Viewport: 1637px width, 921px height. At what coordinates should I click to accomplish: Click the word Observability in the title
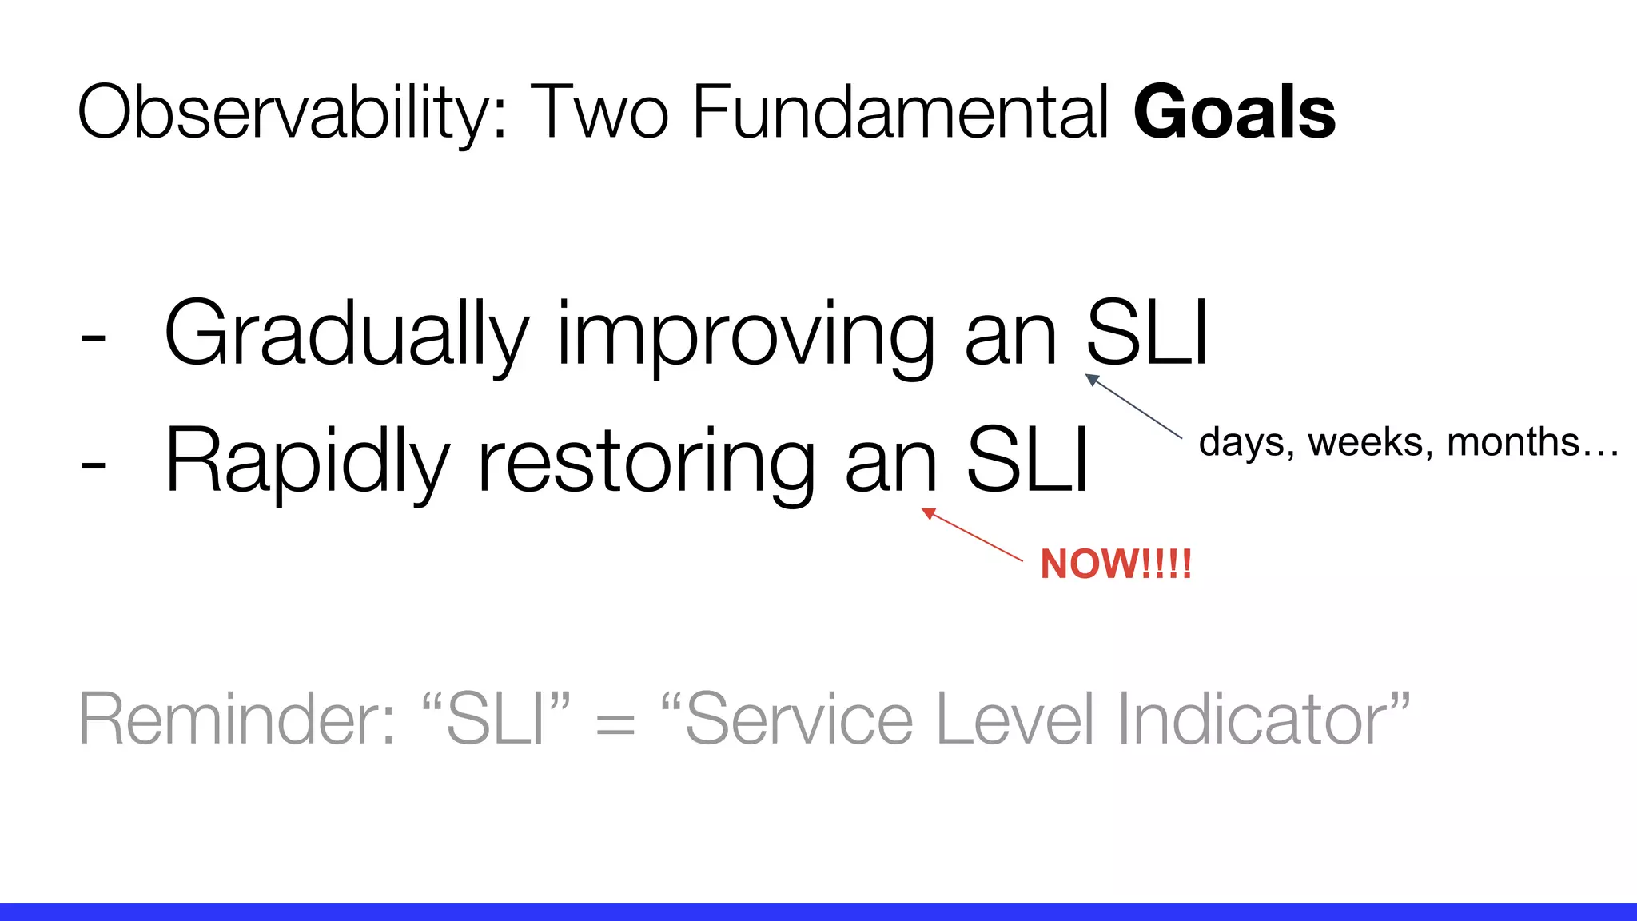(292, 114)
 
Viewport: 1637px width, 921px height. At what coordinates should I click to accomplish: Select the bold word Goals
(1234, 114)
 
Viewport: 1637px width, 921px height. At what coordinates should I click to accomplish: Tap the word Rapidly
(307, 461)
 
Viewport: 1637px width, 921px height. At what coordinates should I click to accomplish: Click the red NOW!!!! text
(1115, 564)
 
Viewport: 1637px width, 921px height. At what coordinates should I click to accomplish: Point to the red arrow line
(973, 535)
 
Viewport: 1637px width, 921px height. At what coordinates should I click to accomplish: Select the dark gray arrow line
(1133, 406)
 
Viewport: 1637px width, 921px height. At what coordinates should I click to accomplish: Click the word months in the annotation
(1513, 442)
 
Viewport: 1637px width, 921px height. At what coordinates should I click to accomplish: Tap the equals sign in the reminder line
(615, 724)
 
